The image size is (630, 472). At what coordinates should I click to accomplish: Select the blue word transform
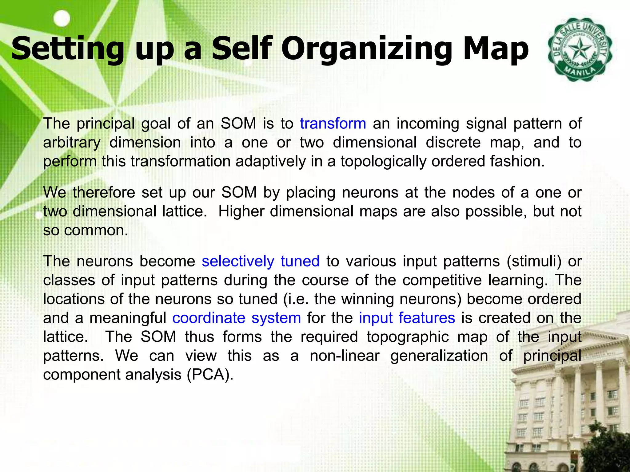[333, 124]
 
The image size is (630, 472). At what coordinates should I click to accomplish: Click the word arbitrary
[72, 143]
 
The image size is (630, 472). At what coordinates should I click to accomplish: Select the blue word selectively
[238, 261]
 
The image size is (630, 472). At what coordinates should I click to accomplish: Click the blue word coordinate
[208, 318]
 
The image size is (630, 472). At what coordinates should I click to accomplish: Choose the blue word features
[426, 318]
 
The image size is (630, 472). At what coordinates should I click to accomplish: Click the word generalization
[439, 356]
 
